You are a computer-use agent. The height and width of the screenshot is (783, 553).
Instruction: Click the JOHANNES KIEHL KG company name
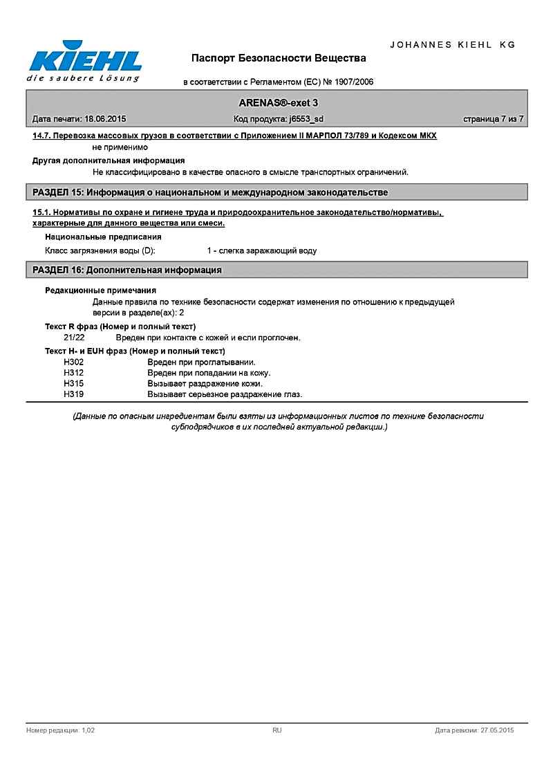(453, 44)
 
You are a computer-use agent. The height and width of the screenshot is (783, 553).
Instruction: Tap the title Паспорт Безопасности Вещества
(279, 57)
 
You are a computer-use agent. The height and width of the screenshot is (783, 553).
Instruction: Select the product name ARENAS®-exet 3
(279, 102)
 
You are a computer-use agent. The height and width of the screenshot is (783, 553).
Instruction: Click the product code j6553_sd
(307, 119)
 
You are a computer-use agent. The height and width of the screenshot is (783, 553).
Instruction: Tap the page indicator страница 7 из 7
(493, 119)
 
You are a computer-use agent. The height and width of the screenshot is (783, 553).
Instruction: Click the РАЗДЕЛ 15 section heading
(211, 192)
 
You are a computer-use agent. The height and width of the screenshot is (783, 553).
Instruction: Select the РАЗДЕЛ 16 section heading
(128, 270)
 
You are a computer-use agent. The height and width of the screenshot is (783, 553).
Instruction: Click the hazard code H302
(73, 362)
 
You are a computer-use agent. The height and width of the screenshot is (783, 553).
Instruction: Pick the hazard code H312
(73, 373)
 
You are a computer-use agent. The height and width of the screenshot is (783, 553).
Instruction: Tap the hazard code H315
(73, 383)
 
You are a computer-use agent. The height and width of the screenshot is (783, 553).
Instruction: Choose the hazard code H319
(73, 394)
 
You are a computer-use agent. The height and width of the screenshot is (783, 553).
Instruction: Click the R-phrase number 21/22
(74, 338)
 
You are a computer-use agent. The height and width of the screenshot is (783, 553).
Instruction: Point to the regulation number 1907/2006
(353, 82)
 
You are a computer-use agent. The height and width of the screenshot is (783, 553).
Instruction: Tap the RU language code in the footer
(276, 730)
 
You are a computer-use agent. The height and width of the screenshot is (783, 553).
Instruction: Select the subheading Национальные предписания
(103, 237)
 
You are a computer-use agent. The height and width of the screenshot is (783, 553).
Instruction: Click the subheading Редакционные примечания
(100, 291)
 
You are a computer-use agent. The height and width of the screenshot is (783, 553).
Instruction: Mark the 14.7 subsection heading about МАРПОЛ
(235, 136)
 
